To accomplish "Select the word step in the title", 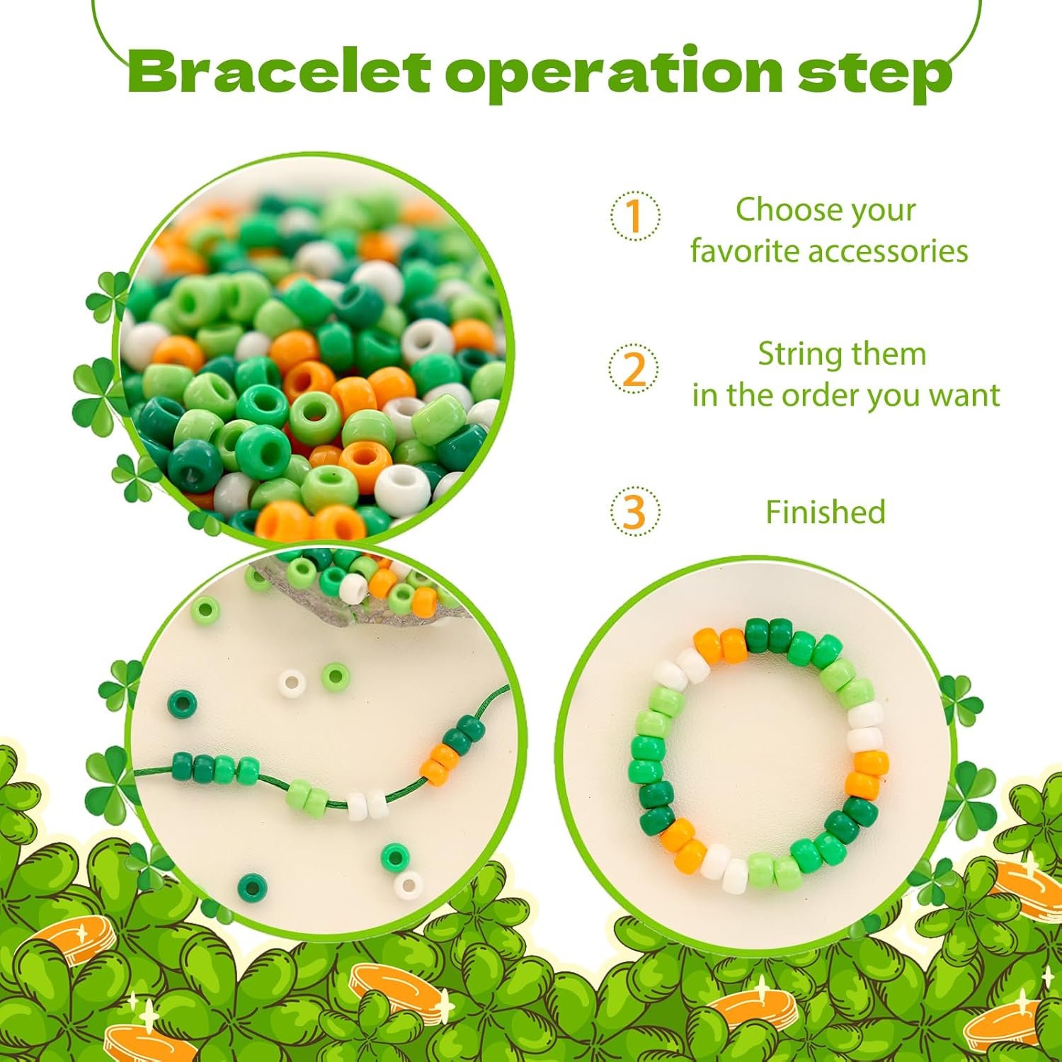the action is (x=874, y=76).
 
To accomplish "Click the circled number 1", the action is (x=635, y=216).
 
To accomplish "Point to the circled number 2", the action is (x=634, y=369).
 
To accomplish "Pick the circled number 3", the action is (x=635, y=510).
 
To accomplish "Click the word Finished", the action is (x=826, y=512).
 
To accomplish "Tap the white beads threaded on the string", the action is (x=368, y=805).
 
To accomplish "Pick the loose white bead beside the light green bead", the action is (x=291, y=683).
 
